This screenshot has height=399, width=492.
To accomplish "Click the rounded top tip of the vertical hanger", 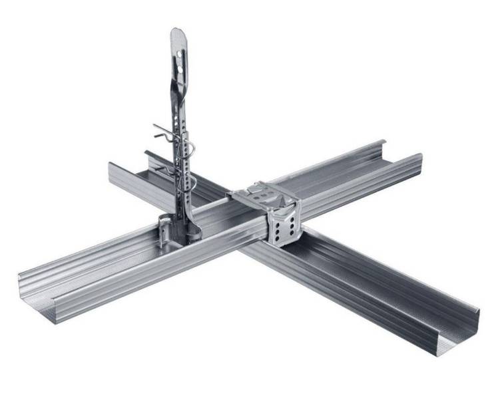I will coord(177,31).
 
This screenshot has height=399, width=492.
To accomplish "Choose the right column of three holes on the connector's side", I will coord(292,225).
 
